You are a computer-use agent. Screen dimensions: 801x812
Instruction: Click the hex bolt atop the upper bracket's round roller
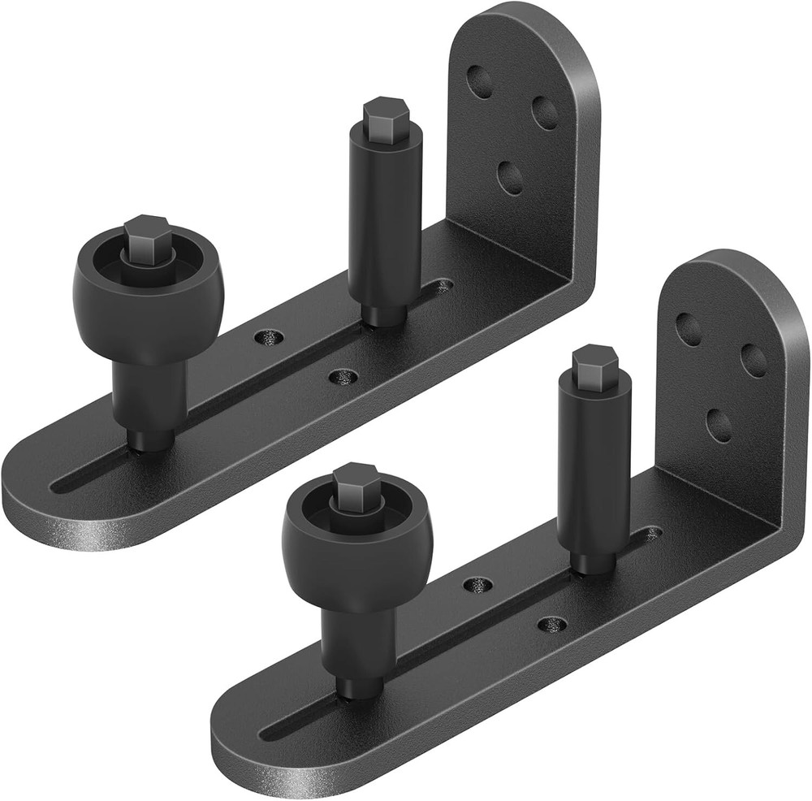tap(147, 235)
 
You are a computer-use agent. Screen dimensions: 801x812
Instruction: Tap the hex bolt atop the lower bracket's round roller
tap(356, 484)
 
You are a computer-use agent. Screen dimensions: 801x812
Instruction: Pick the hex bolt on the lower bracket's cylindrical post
tap(594, 362)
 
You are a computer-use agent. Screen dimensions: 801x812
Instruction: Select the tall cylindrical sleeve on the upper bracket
tap(384, 211)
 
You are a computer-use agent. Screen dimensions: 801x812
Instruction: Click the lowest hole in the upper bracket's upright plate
tap(510, 177)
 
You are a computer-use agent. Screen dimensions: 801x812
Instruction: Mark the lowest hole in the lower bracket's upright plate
tap(718, 425)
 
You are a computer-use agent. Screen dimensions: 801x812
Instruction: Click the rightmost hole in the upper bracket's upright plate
tap(545, 112)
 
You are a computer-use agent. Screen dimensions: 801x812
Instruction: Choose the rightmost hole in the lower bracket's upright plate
tap(754, 360)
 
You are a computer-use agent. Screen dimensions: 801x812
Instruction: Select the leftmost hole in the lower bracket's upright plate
tap(689, 329)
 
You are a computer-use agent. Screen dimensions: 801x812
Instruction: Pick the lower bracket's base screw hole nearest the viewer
tap(552, 625)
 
